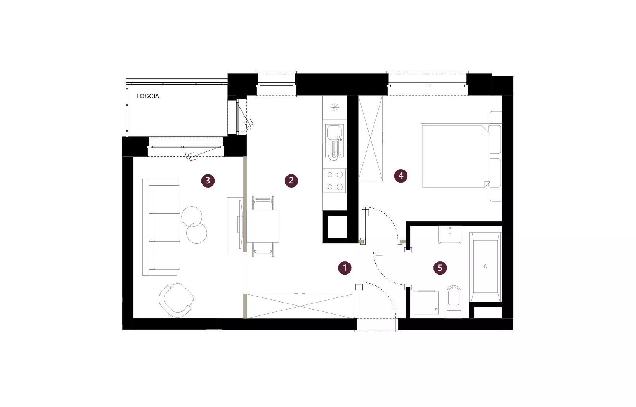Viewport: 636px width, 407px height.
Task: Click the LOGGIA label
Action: point(147,96)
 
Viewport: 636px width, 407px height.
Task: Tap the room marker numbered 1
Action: point(345,268)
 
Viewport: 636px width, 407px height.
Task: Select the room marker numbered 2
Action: point(291,181)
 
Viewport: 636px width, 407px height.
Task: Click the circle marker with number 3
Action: point(208,181)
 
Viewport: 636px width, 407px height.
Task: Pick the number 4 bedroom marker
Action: point(400,176)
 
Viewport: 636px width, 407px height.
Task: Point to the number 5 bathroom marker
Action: point(440,268)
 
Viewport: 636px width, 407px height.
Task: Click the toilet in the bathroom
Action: point(454,302)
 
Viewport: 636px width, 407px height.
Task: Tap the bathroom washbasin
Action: point(450,235)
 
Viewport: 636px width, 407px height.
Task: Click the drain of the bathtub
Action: point(485,266)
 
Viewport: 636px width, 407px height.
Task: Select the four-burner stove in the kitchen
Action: point(335,181)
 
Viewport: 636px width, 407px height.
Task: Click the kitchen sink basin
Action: point(334,133)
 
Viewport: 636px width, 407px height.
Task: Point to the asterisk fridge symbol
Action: point(335,108)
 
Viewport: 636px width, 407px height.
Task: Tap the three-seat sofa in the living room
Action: point(161,227)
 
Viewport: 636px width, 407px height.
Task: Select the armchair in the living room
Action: point(176,300)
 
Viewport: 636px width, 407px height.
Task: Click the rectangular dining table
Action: point(263,226)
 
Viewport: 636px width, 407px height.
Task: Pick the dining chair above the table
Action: point(263,203)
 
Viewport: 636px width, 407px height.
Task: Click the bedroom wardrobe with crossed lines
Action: point(370,138)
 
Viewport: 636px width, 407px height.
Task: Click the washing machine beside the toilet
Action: point(426,303)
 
